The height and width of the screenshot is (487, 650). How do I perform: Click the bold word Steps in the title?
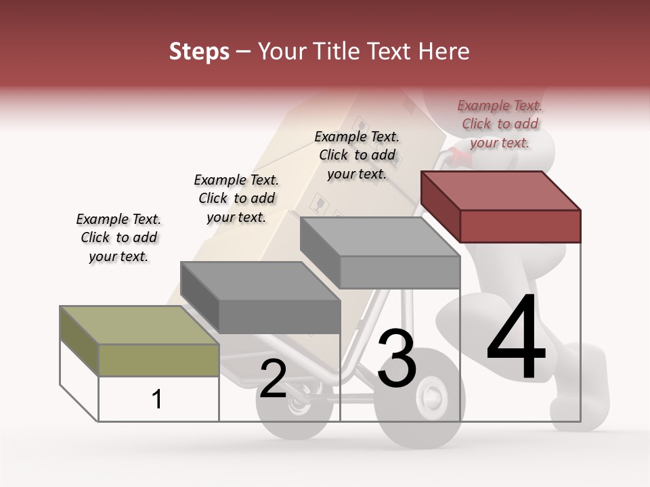tap(199, 51)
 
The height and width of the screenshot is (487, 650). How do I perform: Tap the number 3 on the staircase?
tap(397, 358)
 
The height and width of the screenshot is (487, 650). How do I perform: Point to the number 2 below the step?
tap(273, 379)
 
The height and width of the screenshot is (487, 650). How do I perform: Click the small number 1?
tap(156, 400)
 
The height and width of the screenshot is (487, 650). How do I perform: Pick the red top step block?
tap(519, 226)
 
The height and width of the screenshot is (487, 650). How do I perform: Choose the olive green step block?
tap(158, 360)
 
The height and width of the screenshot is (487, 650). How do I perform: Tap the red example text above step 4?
tap(500, 124)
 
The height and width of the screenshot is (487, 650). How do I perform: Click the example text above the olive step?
tap(118, 237)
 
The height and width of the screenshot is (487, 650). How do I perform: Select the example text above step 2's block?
tap(236, 198)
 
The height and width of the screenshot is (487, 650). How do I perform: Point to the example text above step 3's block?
tap(357, 155)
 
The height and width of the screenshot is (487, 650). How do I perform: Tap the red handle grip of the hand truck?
tap(460, 158)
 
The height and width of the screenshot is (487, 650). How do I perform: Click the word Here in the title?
tap(445, 51)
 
